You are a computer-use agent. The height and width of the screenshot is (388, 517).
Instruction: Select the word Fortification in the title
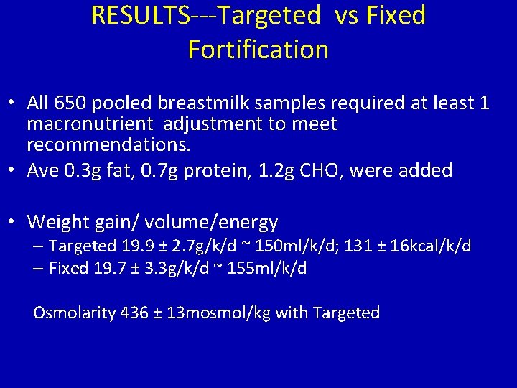click(258, 50)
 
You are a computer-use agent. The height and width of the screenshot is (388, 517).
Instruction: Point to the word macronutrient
click(91, 124)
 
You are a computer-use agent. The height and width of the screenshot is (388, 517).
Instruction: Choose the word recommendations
click(108, 145)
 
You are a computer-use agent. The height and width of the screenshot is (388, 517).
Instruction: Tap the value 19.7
click(108, 268)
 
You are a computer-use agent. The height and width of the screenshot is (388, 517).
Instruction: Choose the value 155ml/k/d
click(267, 268)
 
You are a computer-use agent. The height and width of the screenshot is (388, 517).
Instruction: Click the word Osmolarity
click(74, 313)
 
